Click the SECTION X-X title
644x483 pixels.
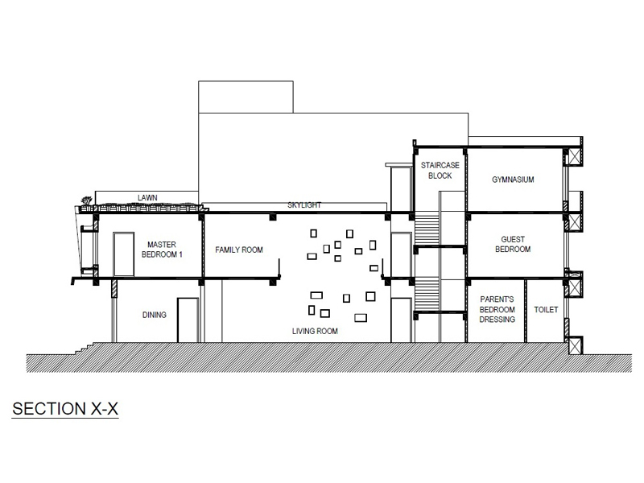(x=65, y=409)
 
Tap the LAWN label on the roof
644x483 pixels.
(x=147, y=197)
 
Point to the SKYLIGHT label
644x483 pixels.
(x=304, y=205)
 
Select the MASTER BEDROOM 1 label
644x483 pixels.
(x=162, y=250)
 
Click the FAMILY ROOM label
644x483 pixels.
(x=239, y=250)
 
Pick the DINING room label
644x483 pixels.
(x=155, y=315)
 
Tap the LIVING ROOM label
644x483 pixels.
(x=315, y=331)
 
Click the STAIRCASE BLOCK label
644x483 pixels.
(x=440, y=171)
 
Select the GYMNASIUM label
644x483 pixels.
(x=513, y=180)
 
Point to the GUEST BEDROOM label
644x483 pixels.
(x=513, y=245)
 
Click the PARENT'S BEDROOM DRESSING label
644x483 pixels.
(x=497, y=309)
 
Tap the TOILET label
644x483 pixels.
(x=546, y=310)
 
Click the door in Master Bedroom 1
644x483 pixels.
(x=124, y=254)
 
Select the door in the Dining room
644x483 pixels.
(x=188, y=320)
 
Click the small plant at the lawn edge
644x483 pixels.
(x=86, y=201)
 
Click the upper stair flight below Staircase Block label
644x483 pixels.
(x=427, y=229)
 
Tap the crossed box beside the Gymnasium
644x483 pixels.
(x=574, y=157)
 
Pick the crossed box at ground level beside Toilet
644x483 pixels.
(x=575, y=345)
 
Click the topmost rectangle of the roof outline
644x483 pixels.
(x=246, y=97)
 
